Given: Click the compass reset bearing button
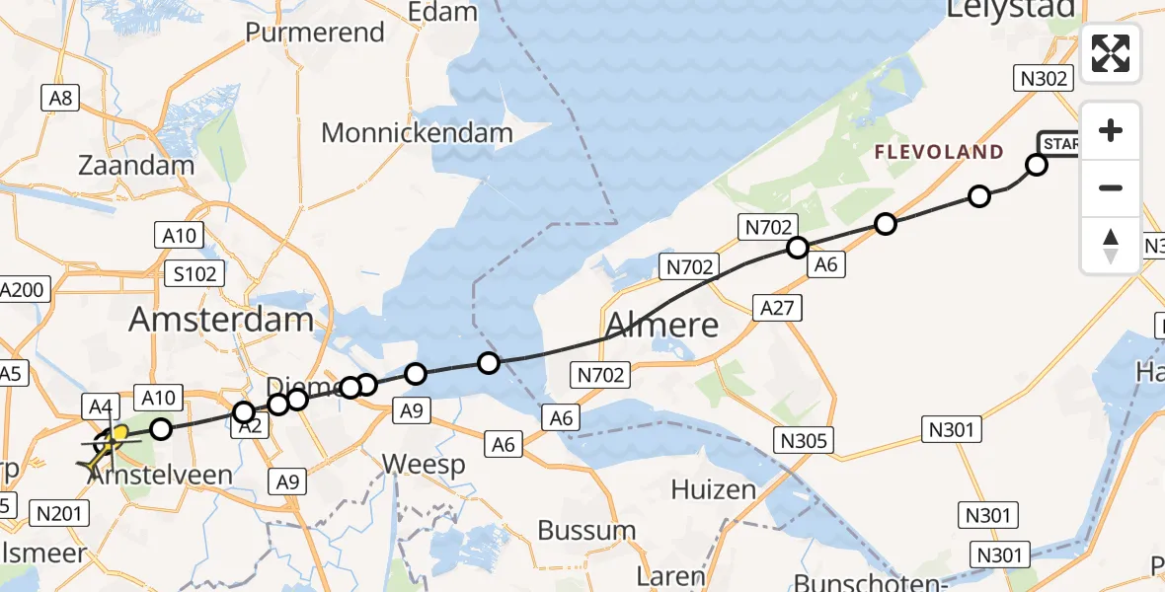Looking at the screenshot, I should (x=1111, y=245).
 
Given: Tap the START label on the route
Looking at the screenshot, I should (x=1057, y=144).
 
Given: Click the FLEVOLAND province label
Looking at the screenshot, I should (x=938, y=153).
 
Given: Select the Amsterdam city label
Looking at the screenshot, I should (x=221, y=319).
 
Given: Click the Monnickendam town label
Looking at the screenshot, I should (x=418, y=132).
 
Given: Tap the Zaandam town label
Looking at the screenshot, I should (x=137, y=165).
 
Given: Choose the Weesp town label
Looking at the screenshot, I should (x=424, y=465).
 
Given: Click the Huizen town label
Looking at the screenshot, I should (x=713, y=489).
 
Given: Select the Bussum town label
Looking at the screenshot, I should (x=586, y=530).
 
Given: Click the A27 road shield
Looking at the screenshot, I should (x=775, y=307).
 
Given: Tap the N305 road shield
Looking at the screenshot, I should (x=806, y=440).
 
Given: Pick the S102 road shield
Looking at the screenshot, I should (x=194, y=273).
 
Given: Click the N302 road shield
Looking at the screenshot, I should (x=1043, y=78).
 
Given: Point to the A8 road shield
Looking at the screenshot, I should (x=59, y=97).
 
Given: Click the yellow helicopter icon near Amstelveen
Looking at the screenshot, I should (x=108, y=443).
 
